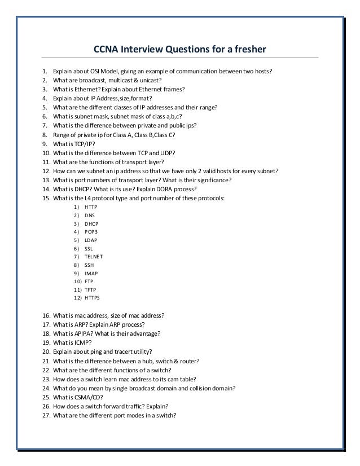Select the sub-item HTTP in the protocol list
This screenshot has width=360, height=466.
coord(91,207)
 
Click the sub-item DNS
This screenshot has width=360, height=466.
coord(90,216)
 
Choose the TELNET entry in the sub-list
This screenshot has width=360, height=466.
coord(94,256)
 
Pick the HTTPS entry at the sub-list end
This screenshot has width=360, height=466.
coord(93,297)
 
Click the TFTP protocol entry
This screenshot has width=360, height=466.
coord(90,289)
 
